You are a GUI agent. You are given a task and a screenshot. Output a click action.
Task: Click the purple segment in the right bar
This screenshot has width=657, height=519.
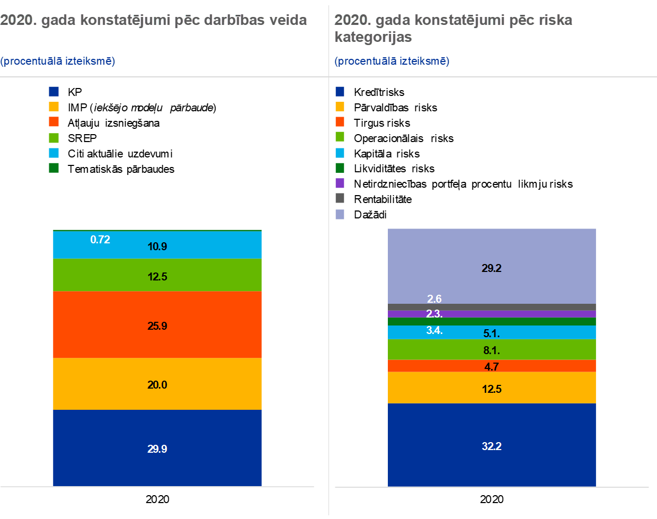[530, 314]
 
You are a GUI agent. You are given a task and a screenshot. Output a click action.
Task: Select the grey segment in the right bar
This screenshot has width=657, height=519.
[530, 307]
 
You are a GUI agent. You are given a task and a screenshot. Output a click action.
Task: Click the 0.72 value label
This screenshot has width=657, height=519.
[100, 240]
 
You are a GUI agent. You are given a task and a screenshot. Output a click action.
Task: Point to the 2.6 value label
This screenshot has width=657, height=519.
[434, 300]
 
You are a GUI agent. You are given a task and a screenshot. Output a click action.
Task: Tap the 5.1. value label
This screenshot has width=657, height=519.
[492, 333]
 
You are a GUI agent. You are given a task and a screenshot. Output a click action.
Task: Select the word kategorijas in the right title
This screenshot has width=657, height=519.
[373, 37]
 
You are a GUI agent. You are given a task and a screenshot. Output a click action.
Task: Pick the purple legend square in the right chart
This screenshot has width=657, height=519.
[340, 183]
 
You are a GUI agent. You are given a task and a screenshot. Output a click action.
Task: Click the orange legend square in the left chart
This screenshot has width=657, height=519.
[54, 121]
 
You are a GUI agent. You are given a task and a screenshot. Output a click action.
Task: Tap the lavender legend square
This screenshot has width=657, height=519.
[340, 214]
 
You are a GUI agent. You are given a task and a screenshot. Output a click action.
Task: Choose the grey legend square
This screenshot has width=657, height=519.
[340, 198]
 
